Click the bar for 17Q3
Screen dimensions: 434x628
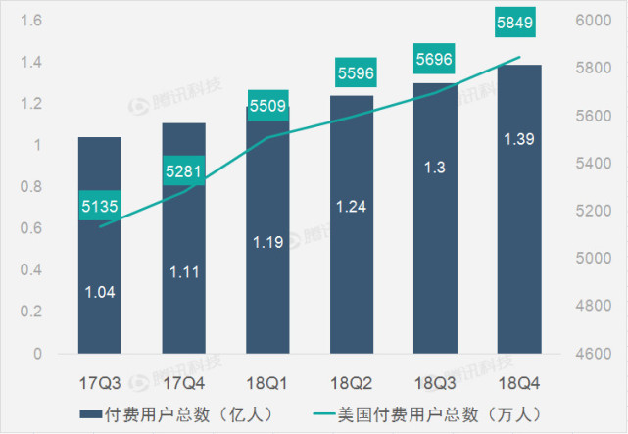click(x=100, y=245)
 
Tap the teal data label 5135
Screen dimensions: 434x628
click(x=100, y=206)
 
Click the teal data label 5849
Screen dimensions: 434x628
click(x=519, y=22)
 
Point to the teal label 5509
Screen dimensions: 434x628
click(x=267, y=104)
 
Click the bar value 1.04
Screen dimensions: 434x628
click(x=100, y=291)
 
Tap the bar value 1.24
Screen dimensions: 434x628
click(x=352, y=206)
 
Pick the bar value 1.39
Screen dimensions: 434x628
click(x=519, y=140)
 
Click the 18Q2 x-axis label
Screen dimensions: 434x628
click(x=352, y=377)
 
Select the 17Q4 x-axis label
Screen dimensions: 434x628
click(x=184, y=377)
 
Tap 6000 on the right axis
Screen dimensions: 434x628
click(x=594, y=21)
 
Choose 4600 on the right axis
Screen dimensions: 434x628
click(x=594, y=353)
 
